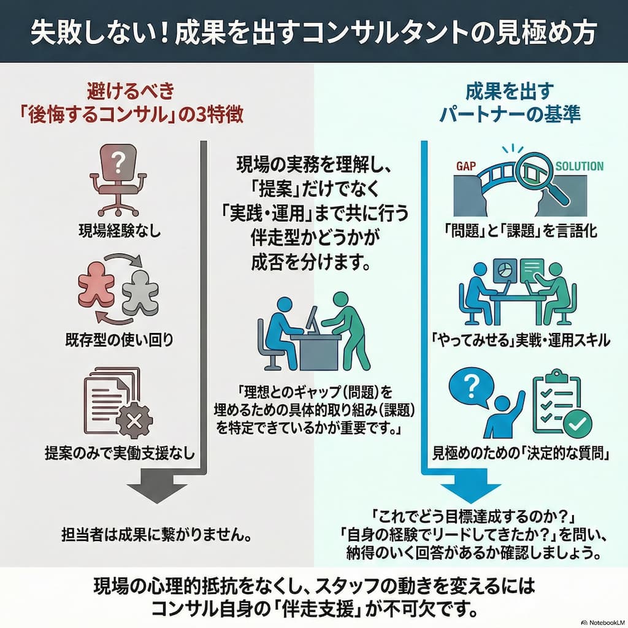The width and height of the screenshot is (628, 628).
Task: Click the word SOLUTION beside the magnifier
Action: [x=579, y=166]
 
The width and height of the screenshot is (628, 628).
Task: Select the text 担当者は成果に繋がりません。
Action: [x=158, y=535]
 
